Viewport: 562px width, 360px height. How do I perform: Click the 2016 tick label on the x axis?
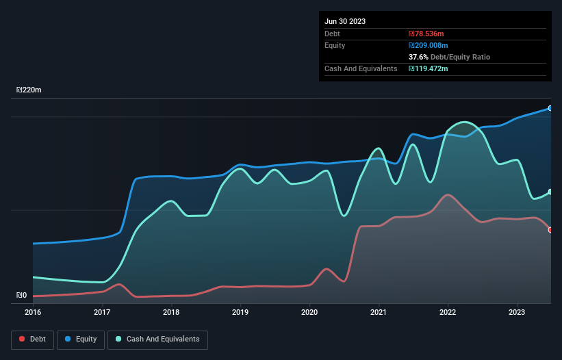click(33, 312)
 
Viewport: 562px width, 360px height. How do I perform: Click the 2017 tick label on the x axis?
click(102, 312)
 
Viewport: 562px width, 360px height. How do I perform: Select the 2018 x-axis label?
click(171, 312)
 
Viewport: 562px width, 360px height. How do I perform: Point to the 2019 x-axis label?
click(240, 312)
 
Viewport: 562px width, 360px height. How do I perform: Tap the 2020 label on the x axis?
click(309, 312)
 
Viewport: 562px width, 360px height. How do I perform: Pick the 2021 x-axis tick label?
click(379, 312)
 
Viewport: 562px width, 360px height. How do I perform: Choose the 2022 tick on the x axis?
click(448, 312)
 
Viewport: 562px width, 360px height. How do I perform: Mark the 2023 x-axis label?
click(517, 312)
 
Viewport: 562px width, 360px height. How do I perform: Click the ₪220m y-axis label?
click(29, 90)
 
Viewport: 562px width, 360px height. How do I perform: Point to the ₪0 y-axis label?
click(21, 296)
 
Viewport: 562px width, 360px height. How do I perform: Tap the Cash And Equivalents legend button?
click(157, 339)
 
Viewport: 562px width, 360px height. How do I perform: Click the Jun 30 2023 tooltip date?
click(345, 21)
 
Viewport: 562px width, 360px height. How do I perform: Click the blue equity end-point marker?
click(550, 108)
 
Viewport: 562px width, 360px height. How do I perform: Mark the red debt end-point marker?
click(550, 230)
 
